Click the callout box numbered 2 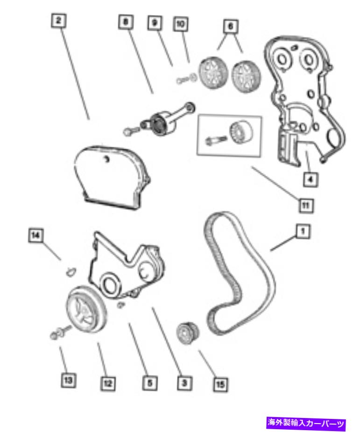pos(59,21)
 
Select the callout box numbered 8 pos(126,22)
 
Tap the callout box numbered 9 pos(155,23)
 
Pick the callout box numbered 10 pos(181,24)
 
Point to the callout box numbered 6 pos(231,26)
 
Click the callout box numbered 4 pos(311,180)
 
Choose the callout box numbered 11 pos(306,205)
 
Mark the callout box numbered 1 pos(303,231)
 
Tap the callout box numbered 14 pos(36,235)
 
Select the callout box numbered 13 pos(68,381)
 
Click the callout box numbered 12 pos(108,383)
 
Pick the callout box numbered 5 pos(150,383)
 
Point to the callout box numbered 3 pos(184,382)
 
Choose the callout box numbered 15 pos(221,384)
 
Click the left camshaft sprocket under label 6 pos(213,73)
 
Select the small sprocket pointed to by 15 pos(188,333)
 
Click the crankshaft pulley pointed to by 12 pos(86,310)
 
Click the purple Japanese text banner pos(306,423)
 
